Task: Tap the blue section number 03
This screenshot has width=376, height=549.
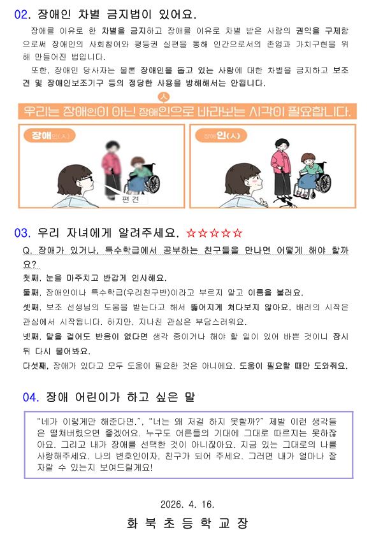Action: pos(22,233)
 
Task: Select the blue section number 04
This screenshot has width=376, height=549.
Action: pos(30,397)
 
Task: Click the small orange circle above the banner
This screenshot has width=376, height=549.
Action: pos(164,97)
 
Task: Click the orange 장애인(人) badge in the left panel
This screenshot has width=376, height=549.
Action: pos(50,136)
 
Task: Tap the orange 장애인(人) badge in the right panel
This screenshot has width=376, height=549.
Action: pos(221,136)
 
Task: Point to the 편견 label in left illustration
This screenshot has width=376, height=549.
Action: pos(131,199)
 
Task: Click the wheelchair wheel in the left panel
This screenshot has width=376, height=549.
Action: pos(152,183)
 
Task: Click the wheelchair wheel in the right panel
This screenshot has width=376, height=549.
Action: pos(324,183)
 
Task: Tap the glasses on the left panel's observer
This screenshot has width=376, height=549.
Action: pos(86,178)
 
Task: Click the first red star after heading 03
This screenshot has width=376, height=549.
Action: pos(191,233)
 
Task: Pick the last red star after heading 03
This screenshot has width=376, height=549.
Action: pos(238,233)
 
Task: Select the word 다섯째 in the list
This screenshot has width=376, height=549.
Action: pos(36,366)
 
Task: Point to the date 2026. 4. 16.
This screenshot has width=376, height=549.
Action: pos(187,504)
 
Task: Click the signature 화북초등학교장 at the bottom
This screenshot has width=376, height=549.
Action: pos(187,524)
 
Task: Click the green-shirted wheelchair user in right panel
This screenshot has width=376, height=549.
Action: pos(308,173)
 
